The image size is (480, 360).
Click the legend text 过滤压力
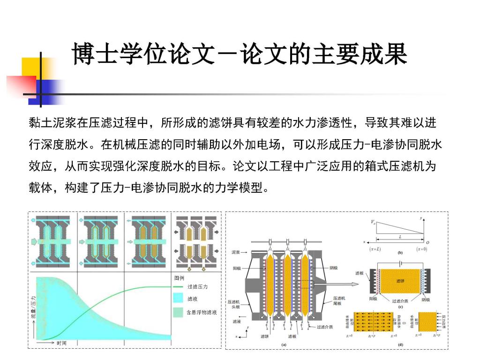197,286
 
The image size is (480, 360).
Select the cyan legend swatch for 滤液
178,299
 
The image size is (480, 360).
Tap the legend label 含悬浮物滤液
202,311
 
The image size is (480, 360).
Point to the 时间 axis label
61,344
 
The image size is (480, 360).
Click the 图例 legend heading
179,277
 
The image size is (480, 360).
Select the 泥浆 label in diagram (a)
237,253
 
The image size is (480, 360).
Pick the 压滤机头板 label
234,304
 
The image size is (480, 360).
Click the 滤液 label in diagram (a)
237,322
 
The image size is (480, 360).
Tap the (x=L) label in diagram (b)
375,248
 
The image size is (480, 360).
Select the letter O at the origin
427,242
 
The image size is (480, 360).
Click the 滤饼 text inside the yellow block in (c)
400,281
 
